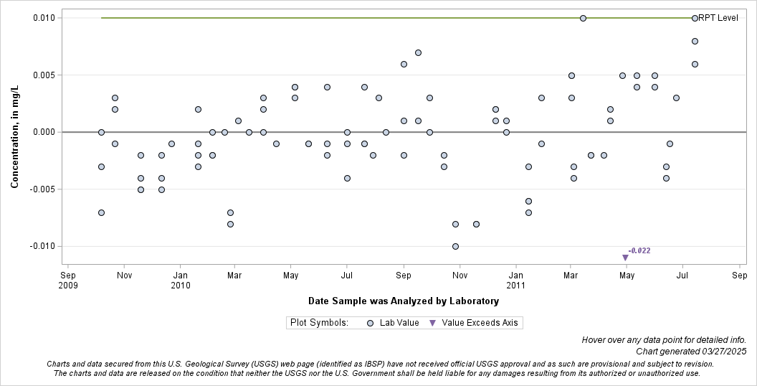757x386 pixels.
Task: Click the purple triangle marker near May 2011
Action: coord(625,258)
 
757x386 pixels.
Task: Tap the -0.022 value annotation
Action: coord(639,250)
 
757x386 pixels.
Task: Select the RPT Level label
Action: coord(718,18)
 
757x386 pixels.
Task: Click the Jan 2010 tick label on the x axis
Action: coord(180,280)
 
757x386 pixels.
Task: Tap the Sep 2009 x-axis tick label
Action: coord(68,280)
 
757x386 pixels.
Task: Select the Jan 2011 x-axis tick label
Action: coord(515,280)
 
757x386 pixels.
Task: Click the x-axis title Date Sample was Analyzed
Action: coord(404,301)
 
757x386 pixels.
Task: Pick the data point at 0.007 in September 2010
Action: coord(418,52)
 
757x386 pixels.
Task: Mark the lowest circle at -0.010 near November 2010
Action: coord(455,246)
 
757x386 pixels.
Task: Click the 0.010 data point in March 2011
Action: coord(583,18)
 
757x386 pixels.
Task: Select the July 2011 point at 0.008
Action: coord(695,41)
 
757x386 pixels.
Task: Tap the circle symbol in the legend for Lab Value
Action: coord(370,323)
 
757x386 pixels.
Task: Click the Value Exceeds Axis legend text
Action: coord(480,323)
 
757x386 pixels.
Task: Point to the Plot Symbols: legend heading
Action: coord(319,323)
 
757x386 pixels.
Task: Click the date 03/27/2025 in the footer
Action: coord(723,352)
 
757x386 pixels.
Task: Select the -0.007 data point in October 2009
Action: coord(101,212)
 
